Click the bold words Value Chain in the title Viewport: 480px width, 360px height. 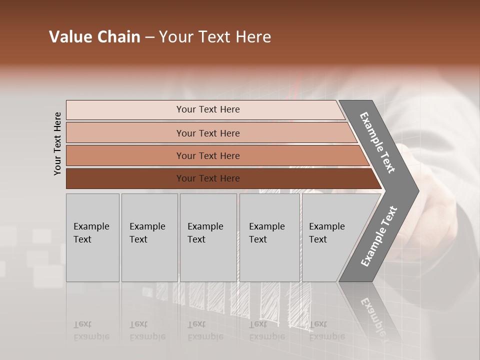pos(94,37)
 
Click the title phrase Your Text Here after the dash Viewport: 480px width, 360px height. pos(215,37)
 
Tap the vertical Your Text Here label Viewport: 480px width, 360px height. pos(57,143)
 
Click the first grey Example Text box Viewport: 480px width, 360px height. pos(92,237)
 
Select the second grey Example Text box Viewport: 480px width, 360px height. pos(149,237)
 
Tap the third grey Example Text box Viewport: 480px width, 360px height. pos(208,237)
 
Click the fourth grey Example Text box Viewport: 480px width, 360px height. pos(269,237)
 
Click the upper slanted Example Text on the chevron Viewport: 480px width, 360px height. pos(377,142)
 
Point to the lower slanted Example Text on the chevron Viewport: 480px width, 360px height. pos(379,236)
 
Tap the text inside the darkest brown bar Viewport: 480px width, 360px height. pos(208,178)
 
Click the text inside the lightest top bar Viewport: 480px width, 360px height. pos(208,109)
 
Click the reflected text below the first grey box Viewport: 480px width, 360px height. pos(91,331)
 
